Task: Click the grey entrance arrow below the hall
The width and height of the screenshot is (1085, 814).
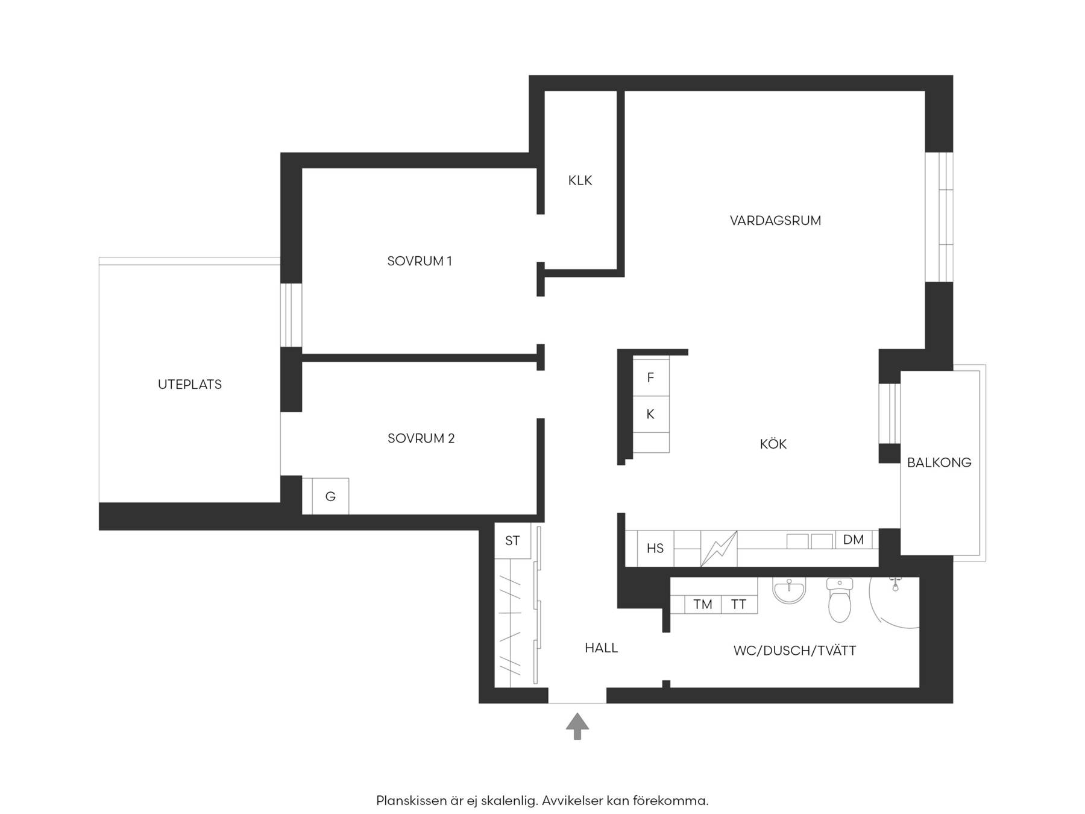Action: click(x=577, y=725)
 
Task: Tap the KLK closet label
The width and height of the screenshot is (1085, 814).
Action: click(x=580, y=180)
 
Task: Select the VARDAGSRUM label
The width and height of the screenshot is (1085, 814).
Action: click(x=775, y=221)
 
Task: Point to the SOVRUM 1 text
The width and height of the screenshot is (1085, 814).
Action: click(x=420, y=261)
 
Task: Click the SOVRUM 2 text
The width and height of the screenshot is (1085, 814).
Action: click(x=421, y=438)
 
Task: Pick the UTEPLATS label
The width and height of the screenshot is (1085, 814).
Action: click(x=190, y=384)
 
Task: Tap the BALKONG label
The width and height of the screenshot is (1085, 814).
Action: click(x=939, y=462)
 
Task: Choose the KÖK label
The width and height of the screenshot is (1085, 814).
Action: click(x=773, y=444)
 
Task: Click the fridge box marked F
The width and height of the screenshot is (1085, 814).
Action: click(x=650, y=377)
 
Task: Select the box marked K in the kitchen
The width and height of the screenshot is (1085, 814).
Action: click(x=650, y=414)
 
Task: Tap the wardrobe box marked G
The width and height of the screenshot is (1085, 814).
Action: click(x=330, y=496)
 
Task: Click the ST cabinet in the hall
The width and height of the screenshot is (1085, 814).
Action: click(x=512, y=540)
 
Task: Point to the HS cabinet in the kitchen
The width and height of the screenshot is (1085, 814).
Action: click(x=655, y=548)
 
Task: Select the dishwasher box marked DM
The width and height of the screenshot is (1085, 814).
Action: click(x=854, y=540)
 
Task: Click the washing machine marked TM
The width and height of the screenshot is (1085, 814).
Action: click(x=703, y=604)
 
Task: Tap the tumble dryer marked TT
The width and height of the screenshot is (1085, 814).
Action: click(x=739, y=604)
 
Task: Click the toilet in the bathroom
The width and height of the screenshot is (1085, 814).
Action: click(x=840, y=600)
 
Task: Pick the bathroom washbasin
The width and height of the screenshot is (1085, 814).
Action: click(x=790, y=591)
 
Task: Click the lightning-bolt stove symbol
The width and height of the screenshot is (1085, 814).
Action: click(x=719, y=549)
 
